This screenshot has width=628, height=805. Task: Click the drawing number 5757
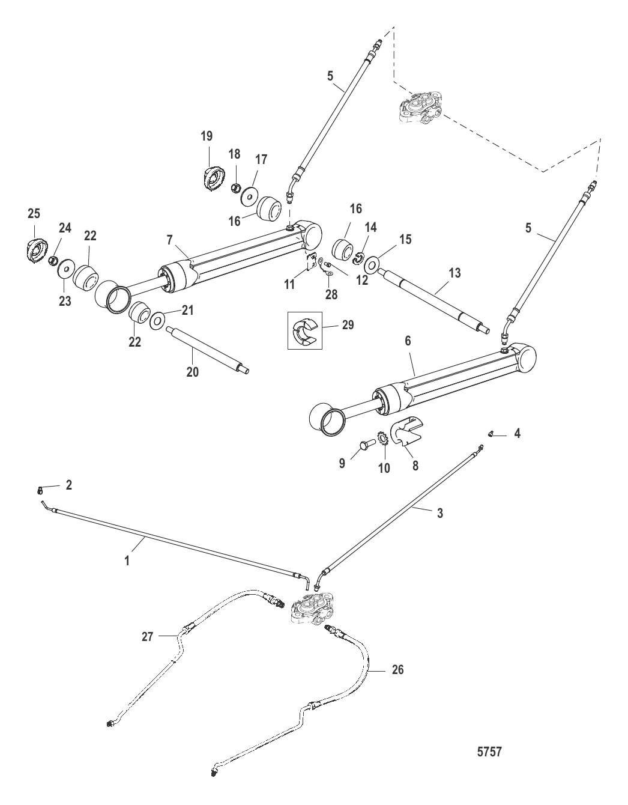(x=487, y=752)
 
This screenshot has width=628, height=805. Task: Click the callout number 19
(x=206, y=136)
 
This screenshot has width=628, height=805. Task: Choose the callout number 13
(x=454, y=273)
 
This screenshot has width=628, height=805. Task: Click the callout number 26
(x=397, y=669)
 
